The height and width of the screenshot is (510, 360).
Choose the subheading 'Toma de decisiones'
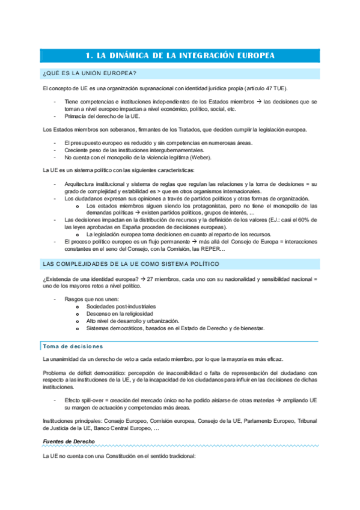pyautogui.click(x=73, y=346)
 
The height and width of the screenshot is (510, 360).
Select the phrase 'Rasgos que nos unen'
pyautogui.click(x=91, y=298)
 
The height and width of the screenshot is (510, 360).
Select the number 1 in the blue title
pyautogui.click(x=88, y=55)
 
